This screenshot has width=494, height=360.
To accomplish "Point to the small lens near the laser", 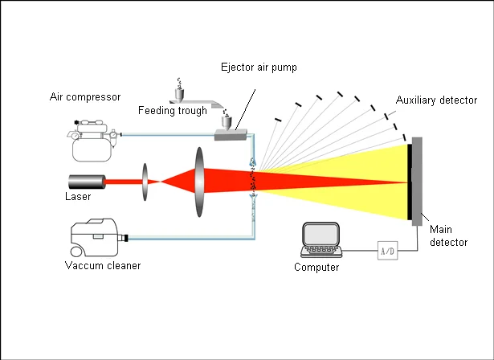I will [145, 182].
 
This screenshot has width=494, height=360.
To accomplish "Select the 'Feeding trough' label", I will [172, 110].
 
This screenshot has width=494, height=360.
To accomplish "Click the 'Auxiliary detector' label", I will [436, 100].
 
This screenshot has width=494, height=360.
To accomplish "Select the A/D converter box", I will [387, 251].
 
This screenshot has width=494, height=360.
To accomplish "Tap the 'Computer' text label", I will [316, 268].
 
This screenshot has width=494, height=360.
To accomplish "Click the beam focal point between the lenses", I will [162, 182].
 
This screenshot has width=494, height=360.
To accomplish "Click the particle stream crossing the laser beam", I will [253, 182].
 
